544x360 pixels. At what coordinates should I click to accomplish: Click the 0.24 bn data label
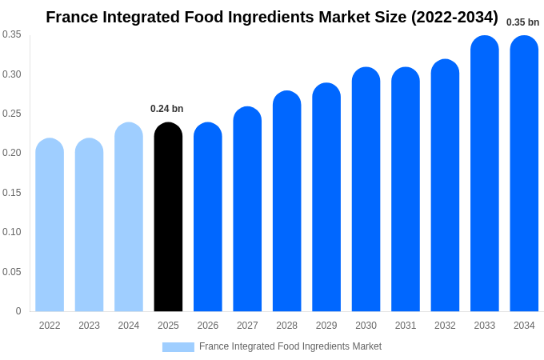tap(166, 109)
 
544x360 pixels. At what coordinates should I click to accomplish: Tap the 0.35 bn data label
tap(522, 22)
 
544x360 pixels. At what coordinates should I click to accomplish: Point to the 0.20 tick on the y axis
tap(12, 153)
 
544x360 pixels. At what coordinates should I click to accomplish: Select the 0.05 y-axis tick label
tap(12, 272)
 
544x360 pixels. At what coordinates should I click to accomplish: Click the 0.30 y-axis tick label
tap(12, 74)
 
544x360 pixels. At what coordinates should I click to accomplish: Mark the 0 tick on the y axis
tap(18, 311)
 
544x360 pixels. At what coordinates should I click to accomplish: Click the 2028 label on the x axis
tap(286, 326)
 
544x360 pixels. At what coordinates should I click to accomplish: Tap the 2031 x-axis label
tap(406, 326)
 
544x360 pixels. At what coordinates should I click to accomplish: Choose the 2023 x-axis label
tap(89, 326)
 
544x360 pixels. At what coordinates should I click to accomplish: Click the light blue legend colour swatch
tap(178, 347)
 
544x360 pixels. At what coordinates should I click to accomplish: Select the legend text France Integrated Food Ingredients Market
tap(290, 346)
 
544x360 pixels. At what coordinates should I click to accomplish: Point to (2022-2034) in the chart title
tap(454, 17)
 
